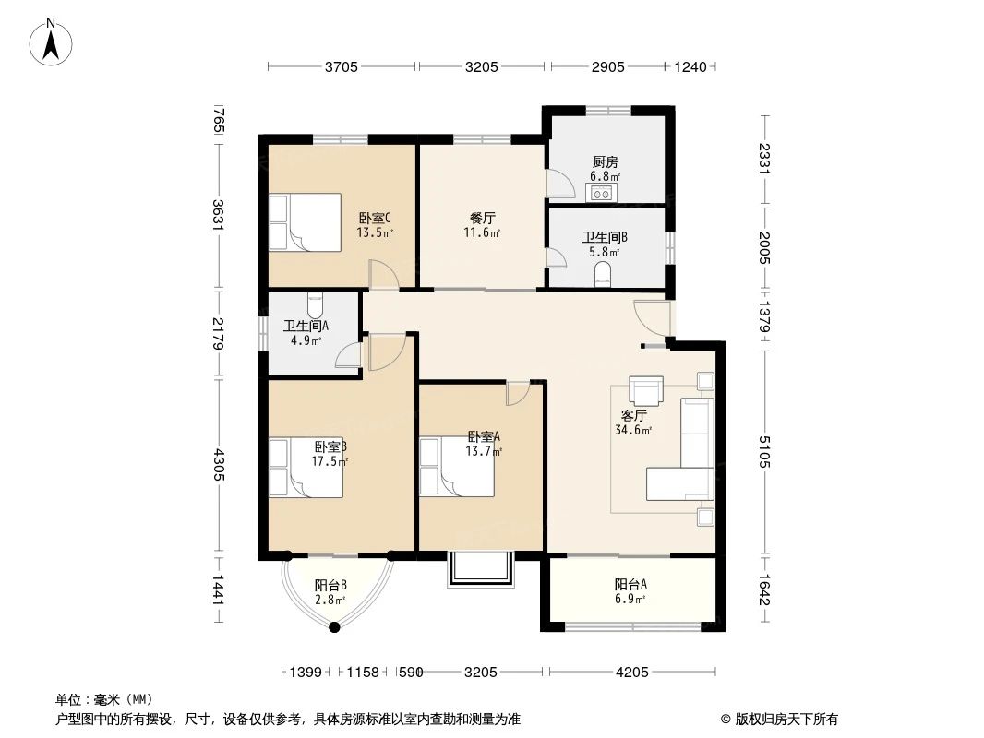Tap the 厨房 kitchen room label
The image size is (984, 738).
605,162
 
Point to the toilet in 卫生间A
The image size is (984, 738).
315,304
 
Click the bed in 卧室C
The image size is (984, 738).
305,222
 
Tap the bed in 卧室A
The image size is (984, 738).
456,467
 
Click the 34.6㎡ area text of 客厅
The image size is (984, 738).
633,430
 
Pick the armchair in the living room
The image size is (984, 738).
646,390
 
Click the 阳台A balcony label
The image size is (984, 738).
630,584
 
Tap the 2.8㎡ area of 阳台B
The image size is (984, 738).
330,600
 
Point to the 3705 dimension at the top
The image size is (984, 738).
342,66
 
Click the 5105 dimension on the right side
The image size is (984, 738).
763,451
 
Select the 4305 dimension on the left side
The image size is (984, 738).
218,465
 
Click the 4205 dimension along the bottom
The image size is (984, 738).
632,673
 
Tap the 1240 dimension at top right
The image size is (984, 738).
690,66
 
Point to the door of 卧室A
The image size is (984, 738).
519,393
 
